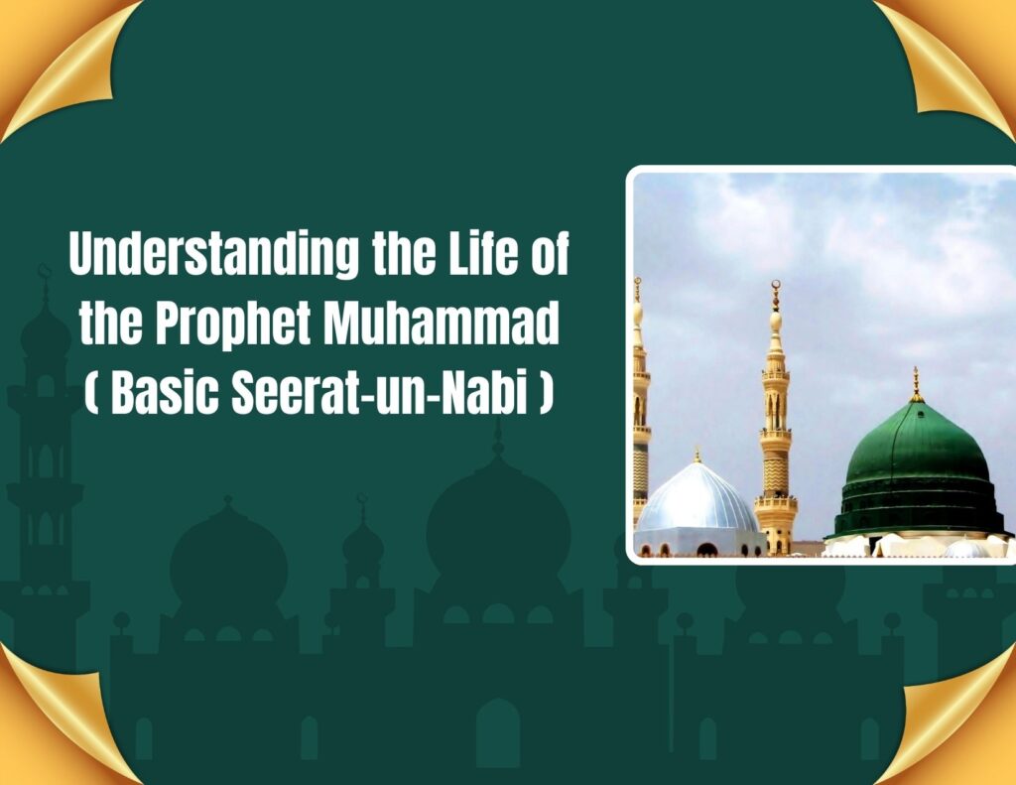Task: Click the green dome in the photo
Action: click(918, 473)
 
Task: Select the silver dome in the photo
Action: click(697, 498)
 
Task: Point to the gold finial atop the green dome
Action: click(916, 384)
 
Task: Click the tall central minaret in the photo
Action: click(776, 422)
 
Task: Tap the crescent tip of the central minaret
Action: click(776, 285)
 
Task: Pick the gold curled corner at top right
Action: click(952, 59)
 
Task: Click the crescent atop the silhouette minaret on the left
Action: click(44, 271)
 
